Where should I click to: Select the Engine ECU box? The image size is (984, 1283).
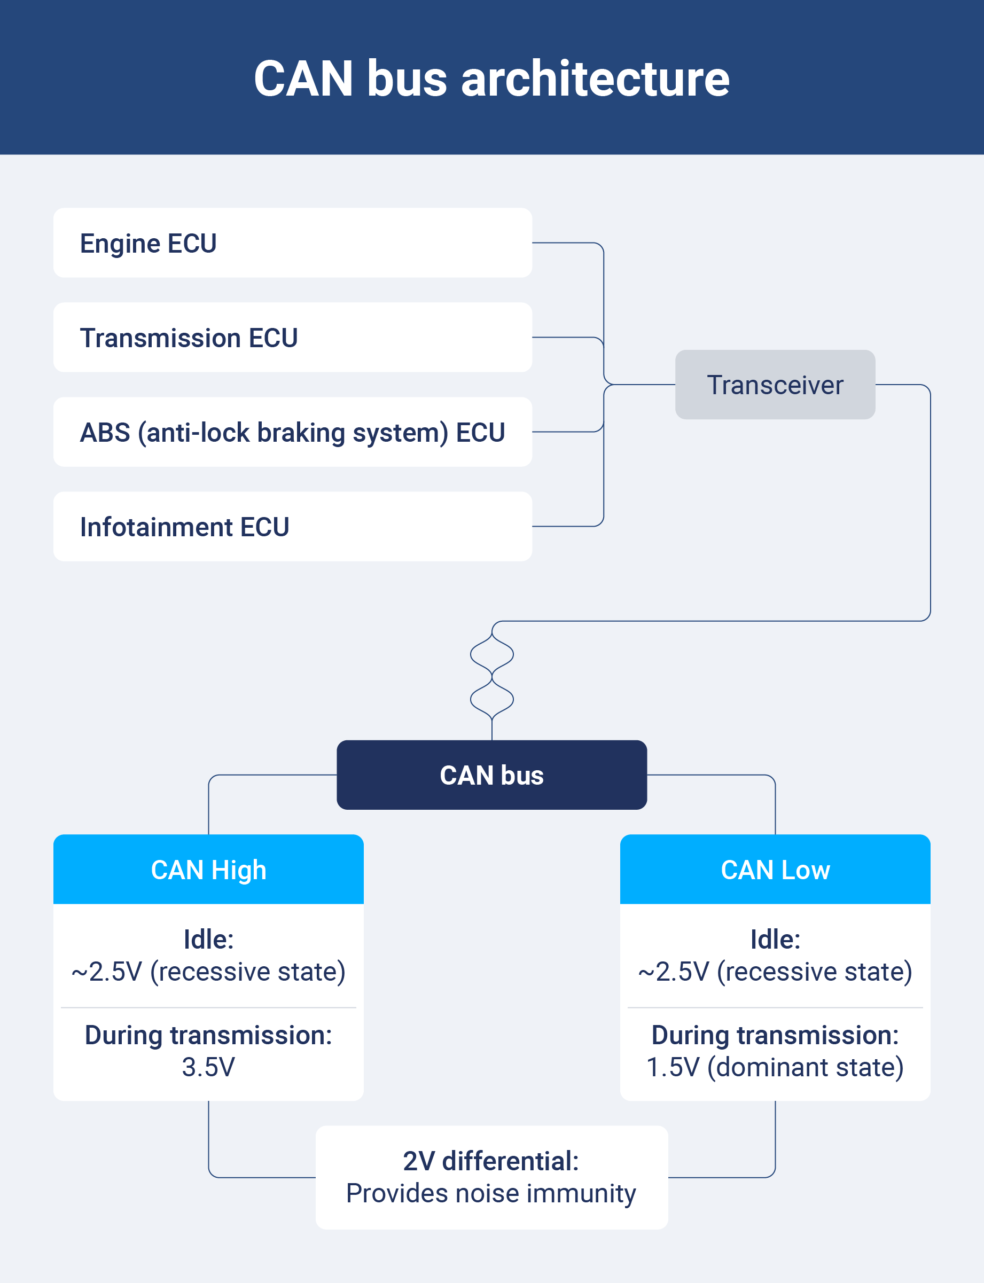[292, 243]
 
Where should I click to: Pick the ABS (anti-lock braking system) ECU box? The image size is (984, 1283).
[292, 432]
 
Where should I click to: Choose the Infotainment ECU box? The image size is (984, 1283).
[292, 527]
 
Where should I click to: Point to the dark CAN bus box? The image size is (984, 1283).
[491, 775]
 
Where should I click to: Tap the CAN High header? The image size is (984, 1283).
[208, 870]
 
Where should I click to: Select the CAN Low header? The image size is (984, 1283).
[775, 870]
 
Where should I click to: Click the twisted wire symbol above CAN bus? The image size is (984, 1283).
[492, 676]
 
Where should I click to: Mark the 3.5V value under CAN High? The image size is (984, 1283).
[208, 1067]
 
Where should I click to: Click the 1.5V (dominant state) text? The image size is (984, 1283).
[775, 1067]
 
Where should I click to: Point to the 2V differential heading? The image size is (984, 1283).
[491, 1161]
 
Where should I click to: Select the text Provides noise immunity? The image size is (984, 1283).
[491, 1193]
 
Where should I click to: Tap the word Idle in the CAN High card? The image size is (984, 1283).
[208, 939]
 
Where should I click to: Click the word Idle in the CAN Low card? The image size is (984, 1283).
[775, 939]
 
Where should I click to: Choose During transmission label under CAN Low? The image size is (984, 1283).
[775, 1035]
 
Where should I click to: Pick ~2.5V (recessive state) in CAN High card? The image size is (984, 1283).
[208, 972]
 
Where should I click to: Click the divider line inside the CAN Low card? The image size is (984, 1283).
[775, 1008]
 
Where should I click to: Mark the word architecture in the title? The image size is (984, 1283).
[595, 79]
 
